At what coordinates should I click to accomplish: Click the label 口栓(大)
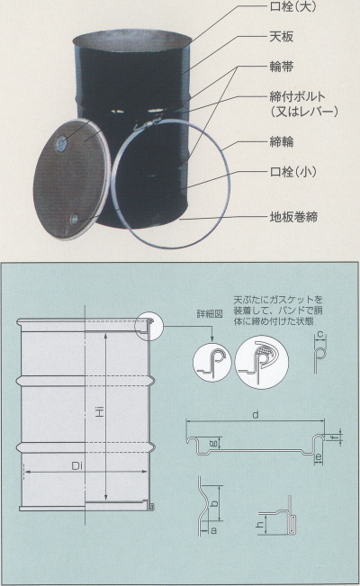coord(292,7)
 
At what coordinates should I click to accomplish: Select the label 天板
coord(281,37)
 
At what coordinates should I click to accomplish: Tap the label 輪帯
coord(281,67)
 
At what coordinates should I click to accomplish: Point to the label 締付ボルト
coord(298,97)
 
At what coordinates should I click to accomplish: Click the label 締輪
coord(281,141)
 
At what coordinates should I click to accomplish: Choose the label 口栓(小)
coord(293,172)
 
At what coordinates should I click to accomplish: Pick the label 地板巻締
coord(293,217)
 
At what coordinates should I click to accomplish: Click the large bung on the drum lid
coord(61,143)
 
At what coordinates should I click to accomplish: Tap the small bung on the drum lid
coord(75,219)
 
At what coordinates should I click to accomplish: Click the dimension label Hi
coord(99,412)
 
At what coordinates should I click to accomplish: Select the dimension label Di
coord(77,466)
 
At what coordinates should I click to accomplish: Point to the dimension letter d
coord(256,415)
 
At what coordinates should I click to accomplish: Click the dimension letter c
coord(319,334)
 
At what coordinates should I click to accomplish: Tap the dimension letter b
coord(214,503)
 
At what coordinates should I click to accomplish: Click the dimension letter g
coord(213,444)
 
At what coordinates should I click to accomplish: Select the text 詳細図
coord(210,314)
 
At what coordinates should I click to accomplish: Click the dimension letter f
coord(334,437)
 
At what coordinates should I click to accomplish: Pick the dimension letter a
coord(213,530)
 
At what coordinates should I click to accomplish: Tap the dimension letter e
coord(319,456)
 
